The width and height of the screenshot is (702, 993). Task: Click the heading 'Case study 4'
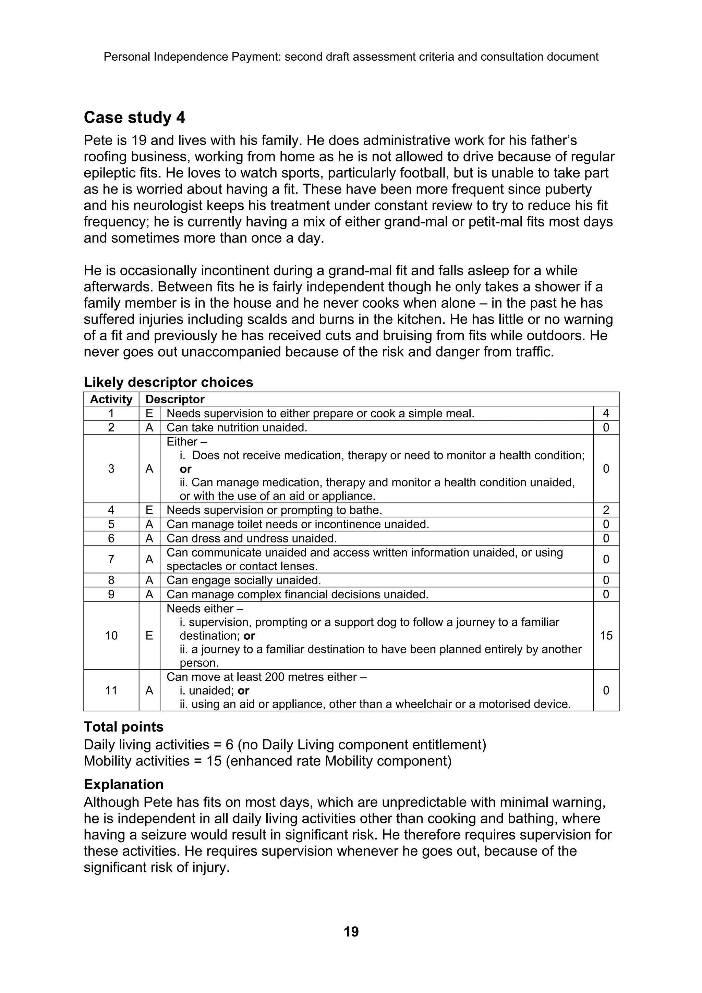pos(134,118)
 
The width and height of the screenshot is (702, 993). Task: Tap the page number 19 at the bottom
pos(351,931)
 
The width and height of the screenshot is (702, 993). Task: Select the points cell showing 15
pos(606,635)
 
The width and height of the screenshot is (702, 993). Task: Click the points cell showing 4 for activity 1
pos(606,414)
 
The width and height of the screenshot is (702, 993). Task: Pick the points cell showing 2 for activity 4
pos(606,510)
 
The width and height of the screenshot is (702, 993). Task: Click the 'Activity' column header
pos(111,399)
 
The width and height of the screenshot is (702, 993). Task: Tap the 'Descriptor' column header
pos(175,399)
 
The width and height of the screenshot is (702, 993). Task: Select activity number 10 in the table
pos(111,635)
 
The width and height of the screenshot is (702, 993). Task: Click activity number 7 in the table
pos(111,559)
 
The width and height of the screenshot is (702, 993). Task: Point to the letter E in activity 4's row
pos(149,510)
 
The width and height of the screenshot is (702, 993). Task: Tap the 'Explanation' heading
pos(123,784)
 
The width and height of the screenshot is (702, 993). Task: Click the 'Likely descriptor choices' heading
pos(168,382)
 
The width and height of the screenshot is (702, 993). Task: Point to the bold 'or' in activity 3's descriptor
pos(185,469)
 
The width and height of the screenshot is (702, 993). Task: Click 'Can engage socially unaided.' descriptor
pos(243,580)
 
